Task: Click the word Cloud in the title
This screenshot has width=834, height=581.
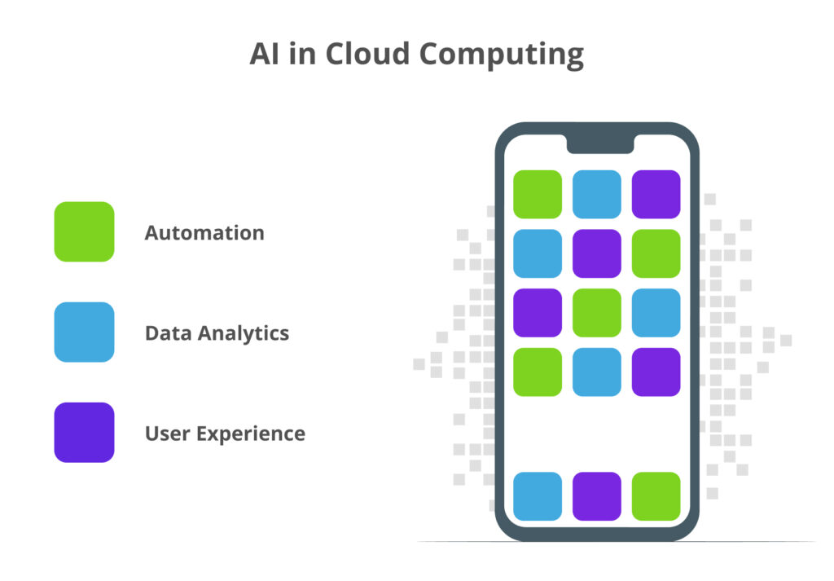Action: pyautogui.click(x=367, y=54)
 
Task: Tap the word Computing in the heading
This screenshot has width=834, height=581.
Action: pyautogui.click(x=502, y=55)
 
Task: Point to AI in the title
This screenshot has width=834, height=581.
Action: pyautogui.click(x=265, y=54)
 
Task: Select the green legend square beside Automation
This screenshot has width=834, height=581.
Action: pyautogui.click(x=84, y=231)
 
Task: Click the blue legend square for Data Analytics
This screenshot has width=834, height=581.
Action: pyautogui.click(x=84, y=332)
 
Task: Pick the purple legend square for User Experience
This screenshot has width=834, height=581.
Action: pyautogui.click(x=84, y=433)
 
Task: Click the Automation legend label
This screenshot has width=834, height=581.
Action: pyautogui.click(x=204, y=232)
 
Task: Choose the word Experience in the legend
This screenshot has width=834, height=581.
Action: pyautogui.click(x=251, y=434)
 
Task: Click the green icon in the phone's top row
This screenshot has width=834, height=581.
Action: pyautogui.click(x=538, y=194)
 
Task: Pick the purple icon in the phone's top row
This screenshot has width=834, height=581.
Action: pyautogui.click(x=656, y=194)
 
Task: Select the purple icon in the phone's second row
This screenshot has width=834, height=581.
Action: pyautogui.click(x=596, y=253)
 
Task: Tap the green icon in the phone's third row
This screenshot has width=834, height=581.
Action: pyautogui.click(x=596, y=313)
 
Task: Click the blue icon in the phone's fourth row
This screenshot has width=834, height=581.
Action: pyautogui.click(x=596, y=372)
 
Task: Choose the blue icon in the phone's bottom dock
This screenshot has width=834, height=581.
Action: pyautogui.click(x=538, y=496)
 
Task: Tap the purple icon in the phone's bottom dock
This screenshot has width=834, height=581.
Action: pyautogui.click(x=596, y=496)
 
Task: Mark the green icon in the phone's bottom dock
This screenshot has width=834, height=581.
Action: pyautogui.click(x=656, y=496)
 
